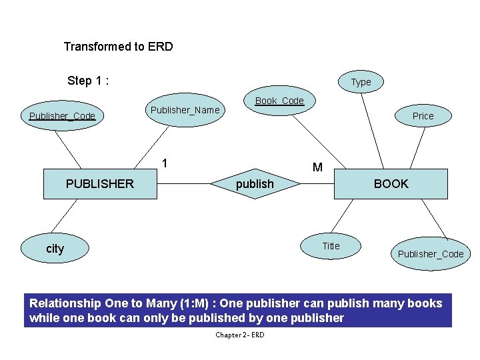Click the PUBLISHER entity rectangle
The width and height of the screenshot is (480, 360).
[100, 184]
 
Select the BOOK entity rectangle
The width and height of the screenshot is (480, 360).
[391, 184]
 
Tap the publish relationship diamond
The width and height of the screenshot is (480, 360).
[255, 184]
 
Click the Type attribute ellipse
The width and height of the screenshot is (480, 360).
[361, 82]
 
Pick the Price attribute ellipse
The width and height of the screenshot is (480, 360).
[423, 116]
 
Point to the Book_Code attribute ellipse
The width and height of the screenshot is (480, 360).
[279, 101]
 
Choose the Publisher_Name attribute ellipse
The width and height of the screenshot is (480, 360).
[185, 110]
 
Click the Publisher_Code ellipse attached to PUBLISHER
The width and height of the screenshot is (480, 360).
[62, 116]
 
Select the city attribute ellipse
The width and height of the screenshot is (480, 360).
[55, 249]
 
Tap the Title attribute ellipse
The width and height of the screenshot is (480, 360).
[331, 246]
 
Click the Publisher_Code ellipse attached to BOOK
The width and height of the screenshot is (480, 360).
[430, 254]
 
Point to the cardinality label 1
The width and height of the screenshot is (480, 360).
[165, 163]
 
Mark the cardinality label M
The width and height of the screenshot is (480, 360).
[317, 167]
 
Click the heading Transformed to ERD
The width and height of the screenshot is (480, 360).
[118, 47]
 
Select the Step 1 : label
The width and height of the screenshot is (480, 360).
[88, 81]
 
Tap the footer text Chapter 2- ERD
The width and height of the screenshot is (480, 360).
[239, 335]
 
